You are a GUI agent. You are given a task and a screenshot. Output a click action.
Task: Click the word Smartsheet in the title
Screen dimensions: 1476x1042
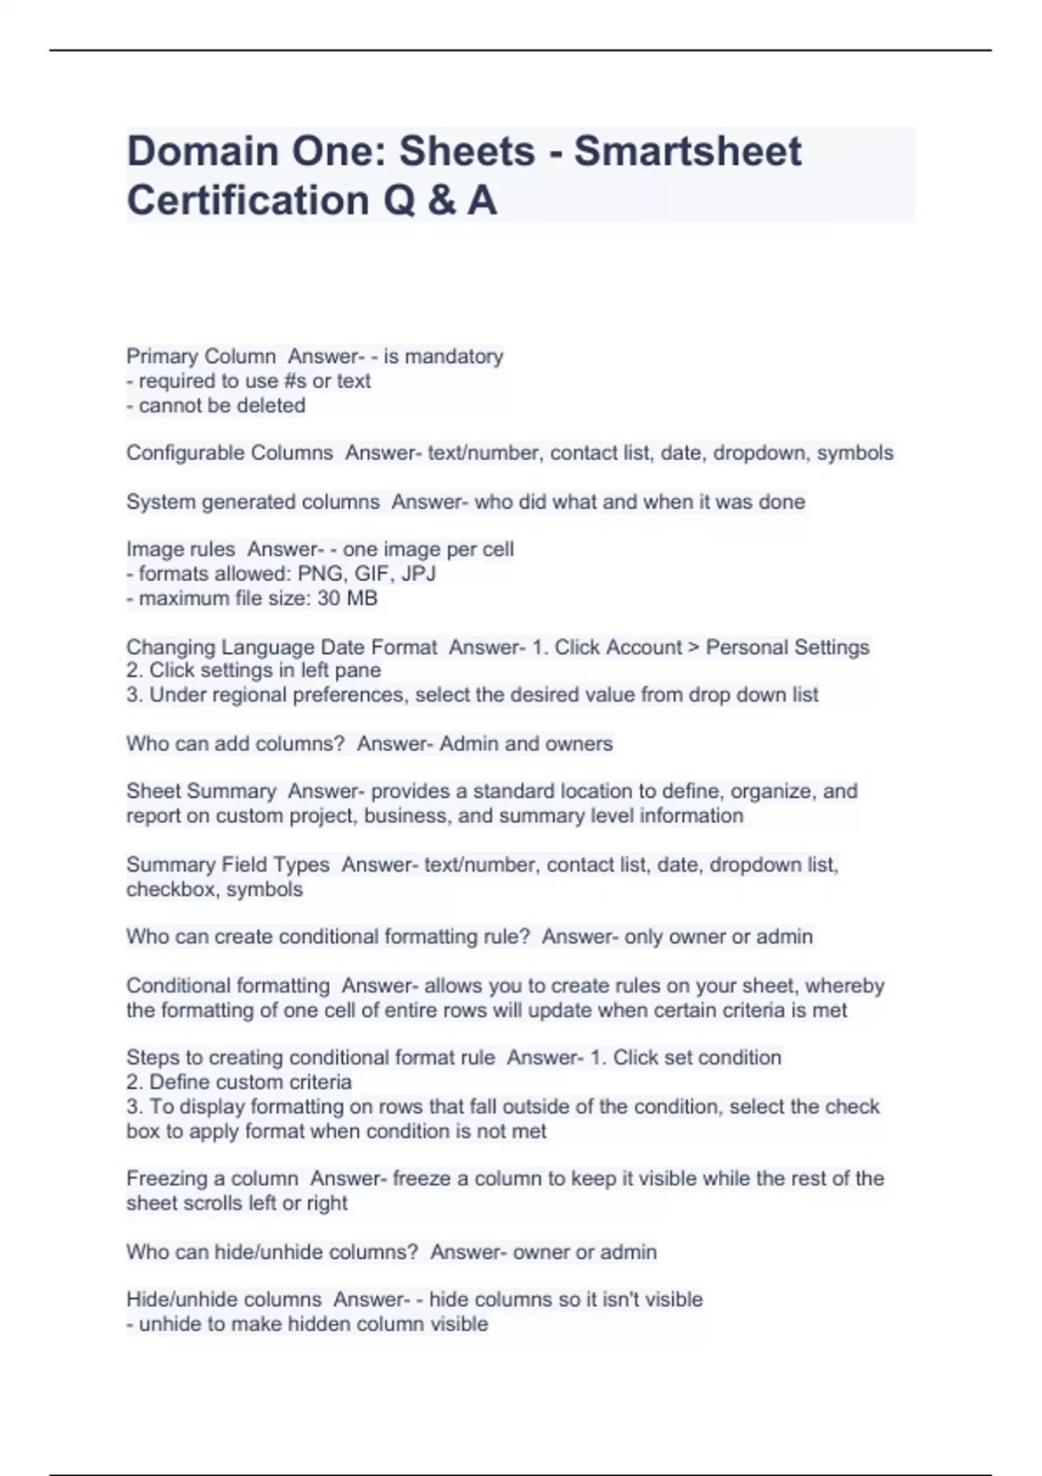tap(688, 151)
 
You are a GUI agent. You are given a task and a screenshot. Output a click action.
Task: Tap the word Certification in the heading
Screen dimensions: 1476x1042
tap(248, 201)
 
